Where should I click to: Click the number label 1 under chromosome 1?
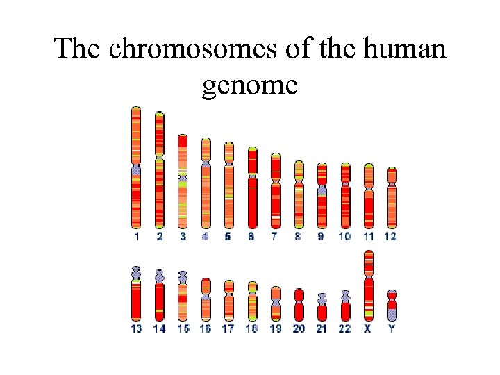pyautogui.click(x=137, y=237)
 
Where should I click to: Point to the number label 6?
pyautogui.click(x=251, y=237)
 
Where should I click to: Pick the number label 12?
pyautogui.click(x=390, y=237)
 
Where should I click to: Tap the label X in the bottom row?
pyautogui.click(x=367, y=328)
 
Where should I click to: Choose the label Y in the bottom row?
pyautogui.click(x=392, y=328)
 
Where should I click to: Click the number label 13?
pyautogui.click(x=137, y=328)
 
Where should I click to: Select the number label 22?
pyautogui.click(x=344, y=328)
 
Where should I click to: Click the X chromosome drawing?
pyautogui.click(x=369, y=285)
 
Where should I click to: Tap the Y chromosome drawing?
pyautogui.click(x=392, y=305)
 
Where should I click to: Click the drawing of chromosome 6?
pyautogui.click(x=252, y=187)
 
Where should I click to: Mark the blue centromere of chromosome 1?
pyautogui.click(x=136, y=169)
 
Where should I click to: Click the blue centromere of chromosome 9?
pyautogui.click(x=322, y=190)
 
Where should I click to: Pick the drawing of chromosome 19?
pyautogui.click(x=276, y=303)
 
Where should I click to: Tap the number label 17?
pyautogui.click(x=228, y=328)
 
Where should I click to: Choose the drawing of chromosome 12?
pyautogui.click(x=392, y=198)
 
